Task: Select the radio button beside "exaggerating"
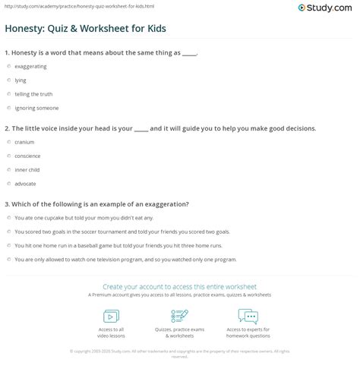[8, 67]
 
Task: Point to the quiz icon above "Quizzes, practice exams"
[180, 316]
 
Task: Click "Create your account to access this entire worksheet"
[180, 287]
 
